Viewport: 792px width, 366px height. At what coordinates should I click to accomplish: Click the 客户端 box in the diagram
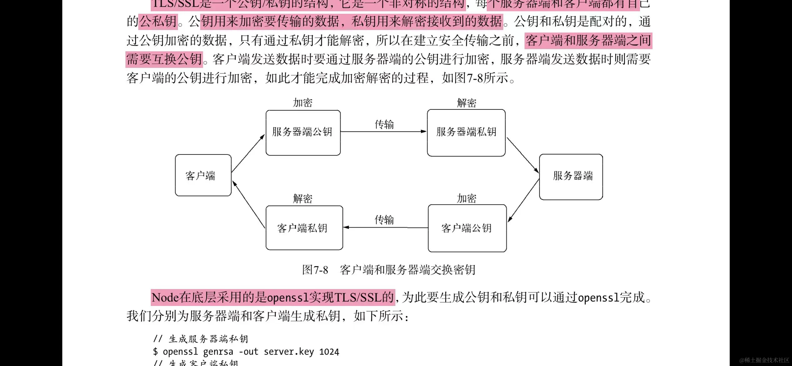(x=203, y=175)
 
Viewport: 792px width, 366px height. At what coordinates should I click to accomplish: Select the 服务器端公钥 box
(x=303, y=132)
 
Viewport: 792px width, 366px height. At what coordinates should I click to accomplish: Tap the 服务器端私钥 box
(x=466, y=132)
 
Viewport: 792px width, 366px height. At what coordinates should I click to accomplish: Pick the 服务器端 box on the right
(x=571, y=176)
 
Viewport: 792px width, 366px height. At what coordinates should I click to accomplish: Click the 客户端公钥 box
(x=467, y=228)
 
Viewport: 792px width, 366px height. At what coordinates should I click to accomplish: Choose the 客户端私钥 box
(x=304, y=228)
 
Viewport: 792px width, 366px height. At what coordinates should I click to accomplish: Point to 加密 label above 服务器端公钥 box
(x=302, y=103)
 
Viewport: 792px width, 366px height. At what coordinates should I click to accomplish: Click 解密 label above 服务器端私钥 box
(x=466, y=103)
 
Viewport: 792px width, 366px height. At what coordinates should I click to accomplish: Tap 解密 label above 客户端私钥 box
(x=302, y=198)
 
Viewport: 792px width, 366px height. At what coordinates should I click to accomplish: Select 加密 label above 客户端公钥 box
(x=466, y=198)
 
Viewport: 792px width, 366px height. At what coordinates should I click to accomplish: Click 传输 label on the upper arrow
(x=384, y=124)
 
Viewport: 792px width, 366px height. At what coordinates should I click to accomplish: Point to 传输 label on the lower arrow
(x=384, y=220)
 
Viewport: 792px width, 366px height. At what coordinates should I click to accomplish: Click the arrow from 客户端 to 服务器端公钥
(x=248, y=153)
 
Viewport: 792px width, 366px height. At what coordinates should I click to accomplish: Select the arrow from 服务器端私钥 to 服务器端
(x=523, y=155)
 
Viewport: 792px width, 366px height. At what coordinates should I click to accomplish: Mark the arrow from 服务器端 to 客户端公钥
(x=523, y=201)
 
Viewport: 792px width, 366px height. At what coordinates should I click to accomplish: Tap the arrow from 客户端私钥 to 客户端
(x=249, y=205)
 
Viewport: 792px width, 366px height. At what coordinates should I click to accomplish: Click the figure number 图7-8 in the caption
(x=315, y=270)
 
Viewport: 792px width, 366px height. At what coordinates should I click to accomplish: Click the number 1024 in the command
(x=329, y=352)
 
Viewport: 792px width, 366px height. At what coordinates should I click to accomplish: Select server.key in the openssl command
(x=289, y=352)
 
